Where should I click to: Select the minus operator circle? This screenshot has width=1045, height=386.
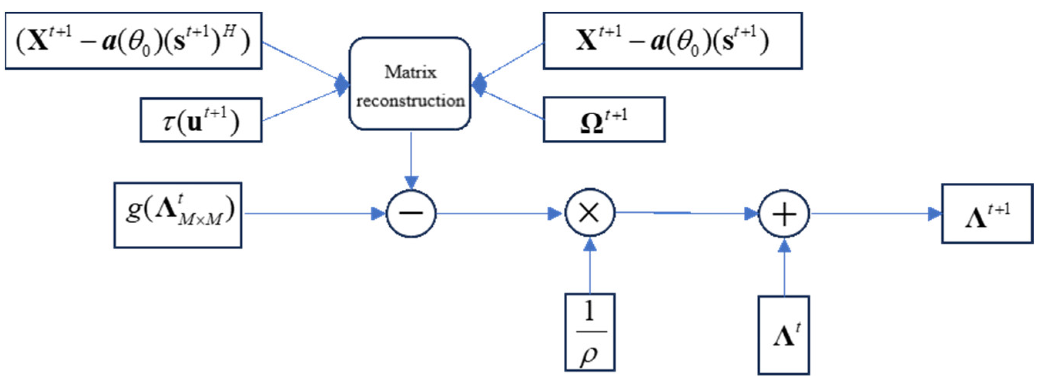411,213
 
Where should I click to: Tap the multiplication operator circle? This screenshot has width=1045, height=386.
590,213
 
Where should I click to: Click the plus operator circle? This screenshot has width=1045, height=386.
784,214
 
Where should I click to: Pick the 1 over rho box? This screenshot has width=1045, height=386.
590,332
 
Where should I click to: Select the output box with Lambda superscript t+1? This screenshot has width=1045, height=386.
986,214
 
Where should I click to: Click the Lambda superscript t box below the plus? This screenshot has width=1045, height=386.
784,335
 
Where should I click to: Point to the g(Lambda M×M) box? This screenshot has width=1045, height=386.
178,215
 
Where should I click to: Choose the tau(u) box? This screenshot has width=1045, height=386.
201,120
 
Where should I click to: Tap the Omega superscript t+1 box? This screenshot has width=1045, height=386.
604,120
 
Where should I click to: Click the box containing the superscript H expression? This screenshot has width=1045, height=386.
133,41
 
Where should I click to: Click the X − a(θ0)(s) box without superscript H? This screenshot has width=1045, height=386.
672,41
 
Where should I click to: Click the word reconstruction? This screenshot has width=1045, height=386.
410,101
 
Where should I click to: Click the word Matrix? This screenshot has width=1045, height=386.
410,72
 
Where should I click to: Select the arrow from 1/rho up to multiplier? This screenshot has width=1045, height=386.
590,267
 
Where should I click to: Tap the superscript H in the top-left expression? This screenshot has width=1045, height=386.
229,32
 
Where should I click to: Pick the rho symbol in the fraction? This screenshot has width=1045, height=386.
589,356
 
